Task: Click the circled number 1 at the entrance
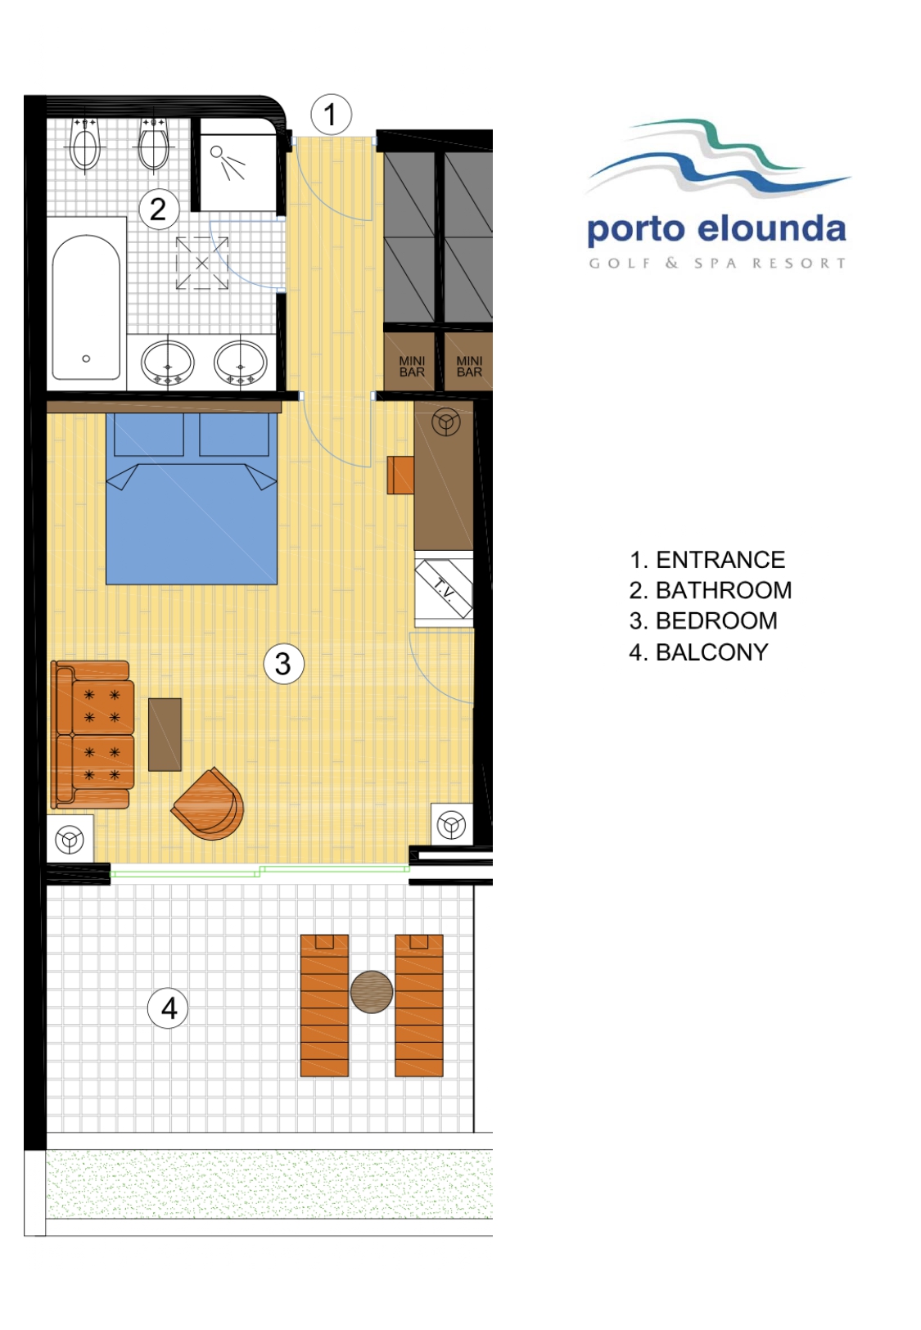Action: pyautogui.click(x=331, y=114)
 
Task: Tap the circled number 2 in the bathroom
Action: pyautogui.click(x=159, y=209)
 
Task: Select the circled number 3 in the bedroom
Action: pyautogui.click(x=283, y=664)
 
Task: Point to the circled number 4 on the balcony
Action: pyautogui.click(x=168, y=1008)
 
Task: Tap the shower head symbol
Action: pyautogui.click(x=227, y=161)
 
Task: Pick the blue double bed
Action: pyautogui.click(x=192, y=498)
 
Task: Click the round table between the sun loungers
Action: pyautogui.click(x=371, y=991)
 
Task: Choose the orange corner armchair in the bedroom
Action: pyautogui.click(x=209, y=804)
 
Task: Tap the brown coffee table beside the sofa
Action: pyautogui.click(x=165, y=734)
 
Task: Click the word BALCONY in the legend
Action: pyautogui.click(x=711, y=652)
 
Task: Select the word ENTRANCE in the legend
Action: pyautogui.click(x=720, y=560)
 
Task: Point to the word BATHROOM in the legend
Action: pyautogui.click(x=723, y=590)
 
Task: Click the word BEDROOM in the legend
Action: pyautogui.click(x=716, y=621)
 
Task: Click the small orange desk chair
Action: pyautogui.click(x=400, y=475)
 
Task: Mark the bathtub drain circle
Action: pyautogui.click(x=86, y=358)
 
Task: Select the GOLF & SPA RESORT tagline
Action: pyautogui.click(x=717, y=263)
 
